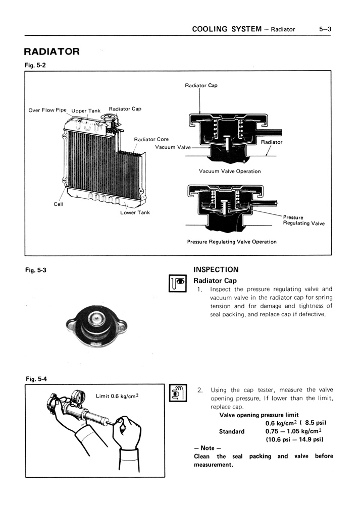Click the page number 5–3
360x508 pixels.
pos(325,29)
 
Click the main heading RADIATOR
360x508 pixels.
pos(52,51)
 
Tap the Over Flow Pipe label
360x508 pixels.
pos(47,110)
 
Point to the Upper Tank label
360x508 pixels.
pos(86,111)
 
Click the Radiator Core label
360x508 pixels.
pos(151,139)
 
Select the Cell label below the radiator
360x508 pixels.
pos(59,204)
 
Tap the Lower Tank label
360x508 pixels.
pos(135,212)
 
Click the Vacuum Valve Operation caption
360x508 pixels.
pos(230,172)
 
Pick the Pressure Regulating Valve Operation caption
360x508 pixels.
pos(232,242)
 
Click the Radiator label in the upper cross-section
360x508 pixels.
pos(272,142)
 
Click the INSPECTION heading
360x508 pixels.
pos(216,270)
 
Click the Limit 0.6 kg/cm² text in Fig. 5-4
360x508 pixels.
pos(117,396)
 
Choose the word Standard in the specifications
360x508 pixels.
pos(232,431)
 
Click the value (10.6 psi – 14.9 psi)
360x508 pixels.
pos(294,439)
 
